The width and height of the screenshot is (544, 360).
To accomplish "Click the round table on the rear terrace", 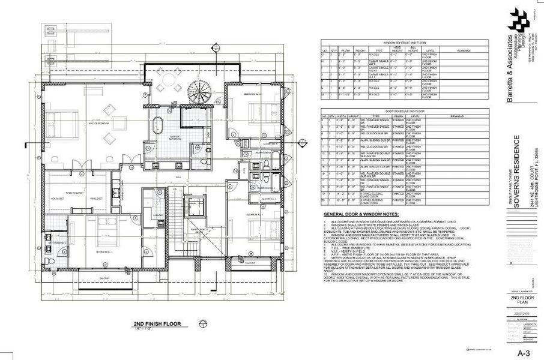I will [169, 79].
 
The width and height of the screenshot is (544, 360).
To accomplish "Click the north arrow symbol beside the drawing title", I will [203, 325].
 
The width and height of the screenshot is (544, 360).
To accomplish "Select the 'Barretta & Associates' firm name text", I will [510, 72].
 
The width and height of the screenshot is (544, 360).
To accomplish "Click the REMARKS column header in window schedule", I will [463, 51].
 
